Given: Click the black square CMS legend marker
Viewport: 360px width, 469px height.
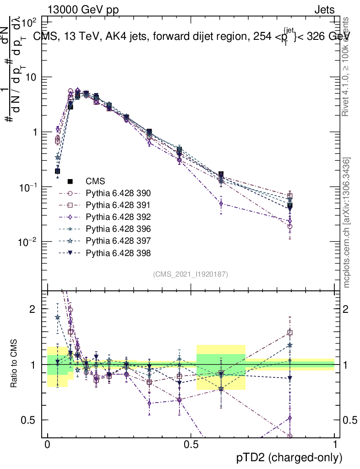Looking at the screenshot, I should (x=71, y=181).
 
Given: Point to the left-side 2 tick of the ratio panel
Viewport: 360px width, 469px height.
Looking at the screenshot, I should (x=33, y=309).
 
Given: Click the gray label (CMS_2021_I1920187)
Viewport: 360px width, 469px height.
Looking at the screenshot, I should (x=191, y=274).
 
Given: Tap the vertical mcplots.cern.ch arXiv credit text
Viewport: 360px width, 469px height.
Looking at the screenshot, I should (x=347, y=223).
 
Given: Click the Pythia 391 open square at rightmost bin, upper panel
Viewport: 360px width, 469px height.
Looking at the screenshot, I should (x=290, y=196).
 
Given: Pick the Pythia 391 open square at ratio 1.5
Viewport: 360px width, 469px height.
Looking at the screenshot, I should (x=290, y=333).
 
